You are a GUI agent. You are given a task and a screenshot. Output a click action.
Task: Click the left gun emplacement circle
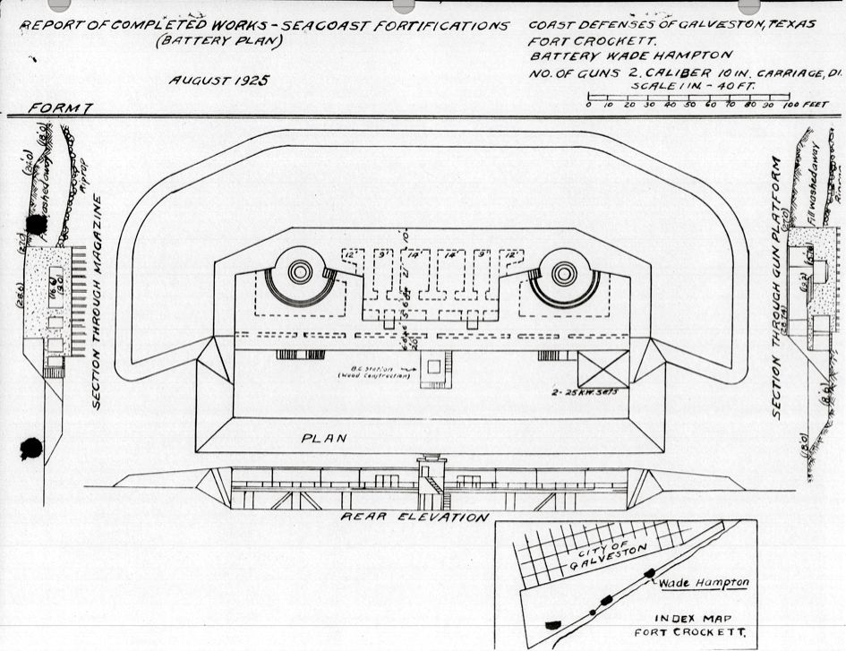pos(301,271)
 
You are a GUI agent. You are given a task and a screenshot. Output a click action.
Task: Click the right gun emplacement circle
pos(564,272)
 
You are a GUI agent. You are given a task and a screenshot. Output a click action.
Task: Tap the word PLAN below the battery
pos(322,439)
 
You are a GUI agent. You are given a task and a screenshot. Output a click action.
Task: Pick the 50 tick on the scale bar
pos(689,105)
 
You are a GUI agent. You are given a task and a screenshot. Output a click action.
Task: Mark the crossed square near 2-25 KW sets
pos(602,371)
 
